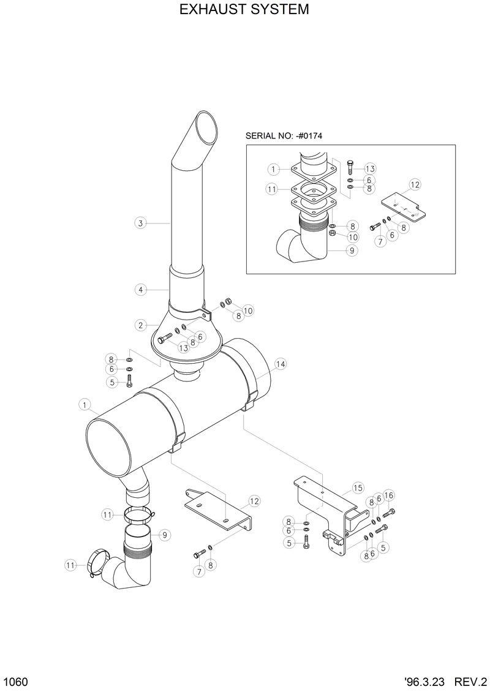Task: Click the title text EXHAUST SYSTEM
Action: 244,10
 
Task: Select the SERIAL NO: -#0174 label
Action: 284,136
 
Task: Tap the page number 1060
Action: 14,681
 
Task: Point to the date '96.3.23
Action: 425,681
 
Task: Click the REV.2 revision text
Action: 470,681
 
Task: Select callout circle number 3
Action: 140,224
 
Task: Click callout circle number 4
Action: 140,289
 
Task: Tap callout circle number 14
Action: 281,364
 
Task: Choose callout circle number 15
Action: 358,488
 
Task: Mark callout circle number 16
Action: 389,495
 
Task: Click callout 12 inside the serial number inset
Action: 415,184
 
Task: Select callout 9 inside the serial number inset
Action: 352,250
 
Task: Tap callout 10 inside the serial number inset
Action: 353,236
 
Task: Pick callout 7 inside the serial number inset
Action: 380,242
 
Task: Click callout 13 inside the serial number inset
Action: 369,168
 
